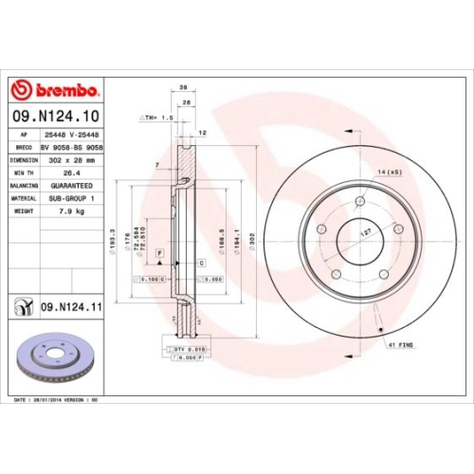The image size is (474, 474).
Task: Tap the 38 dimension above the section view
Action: pyautogui.click(x=182, y=86)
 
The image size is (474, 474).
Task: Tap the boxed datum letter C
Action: pyautogui.click(x=201, y=262)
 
